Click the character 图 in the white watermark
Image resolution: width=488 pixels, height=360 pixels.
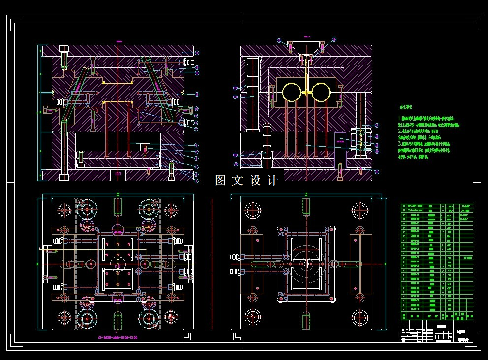[221, 181]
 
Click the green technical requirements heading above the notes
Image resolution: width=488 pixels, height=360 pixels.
[406, 106]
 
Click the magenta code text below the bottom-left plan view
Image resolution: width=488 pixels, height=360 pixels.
[118, 338]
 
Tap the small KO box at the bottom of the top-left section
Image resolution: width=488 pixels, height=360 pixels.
[118, 174]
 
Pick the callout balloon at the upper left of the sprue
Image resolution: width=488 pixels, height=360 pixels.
[279, 39]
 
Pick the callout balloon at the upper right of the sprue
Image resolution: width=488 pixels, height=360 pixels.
[335, 39]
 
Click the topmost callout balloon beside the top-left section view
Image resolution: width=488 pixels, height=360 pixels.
[197, 52]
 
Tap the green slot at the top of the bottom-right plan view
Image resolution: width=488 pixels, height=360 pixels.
[306, 206]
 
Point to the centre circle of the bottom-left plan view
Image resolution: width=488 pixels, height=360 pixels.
[118, 263]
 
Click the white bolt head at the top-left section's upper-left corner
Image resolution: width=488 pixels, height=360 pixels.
[64, 49]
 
